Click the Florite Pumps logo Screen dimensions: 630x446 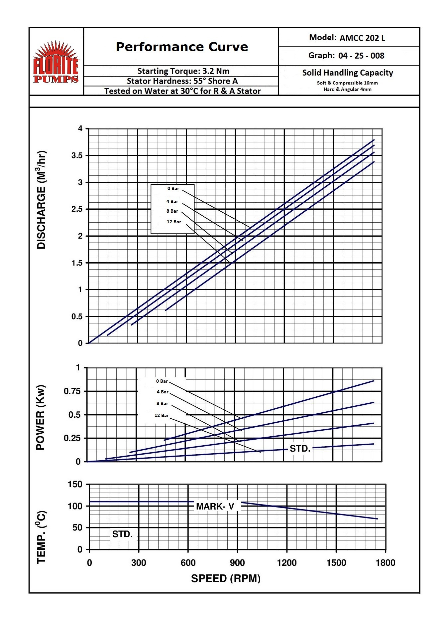point(56,62)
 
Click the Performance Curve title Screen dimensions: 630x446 point(182,47)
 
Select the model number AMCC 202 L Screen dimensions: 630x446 point(362,38)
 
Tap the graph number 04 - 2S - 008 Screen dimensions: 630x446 point(361,56)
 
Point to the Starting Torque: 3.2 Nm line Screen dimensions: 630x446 point(183,71)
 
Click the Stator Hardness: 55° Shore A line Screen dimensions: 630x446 point(182,81)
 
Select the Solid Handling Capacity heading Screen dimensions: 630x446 point(348,73)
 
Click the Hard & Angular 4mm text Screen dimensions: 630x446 point(348,89)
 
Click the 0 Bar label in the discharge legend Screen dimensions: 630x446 point(173,189)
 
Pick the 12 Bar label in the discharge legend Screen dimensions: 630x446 point(174,222)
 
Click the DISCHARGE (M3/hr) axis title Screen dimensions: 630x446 point(41,200)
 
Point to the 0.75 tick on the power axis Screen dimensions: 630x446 point(72,391)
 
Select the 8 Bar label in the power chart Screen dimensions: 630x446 point(162,403)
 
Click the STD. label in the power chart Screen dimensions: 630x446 point(300,449)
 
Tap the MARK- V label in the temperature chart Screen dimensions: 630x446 point(215,506)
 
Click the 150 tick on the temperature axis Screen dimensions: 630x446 point(75,484)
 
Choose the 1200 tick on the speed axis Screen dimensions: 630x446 point(286,563)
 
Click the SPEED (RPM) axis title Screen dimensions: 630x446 point(226,578)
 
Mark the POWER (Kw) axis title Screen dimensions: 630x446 point(40,418)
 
